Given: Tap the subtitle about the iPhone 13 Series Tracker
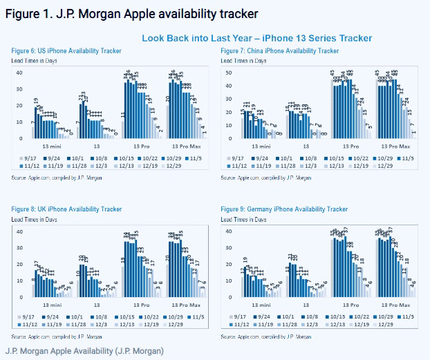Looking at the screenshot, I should coord(256,38).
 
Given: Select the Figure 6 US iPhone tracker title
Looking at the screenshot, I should coord(66,51).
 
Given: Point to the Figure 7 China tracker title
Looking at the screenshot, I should coord(279,51).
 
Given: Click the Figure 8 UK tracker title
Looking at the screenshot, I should coord(66,209).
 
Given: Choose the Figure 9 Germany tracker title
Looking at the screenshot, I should coord(283,209).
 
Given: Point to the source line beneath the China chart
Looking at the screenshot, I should coord(267,178).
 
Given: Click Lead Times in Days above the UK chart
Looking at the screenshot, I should coord(34,218).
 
